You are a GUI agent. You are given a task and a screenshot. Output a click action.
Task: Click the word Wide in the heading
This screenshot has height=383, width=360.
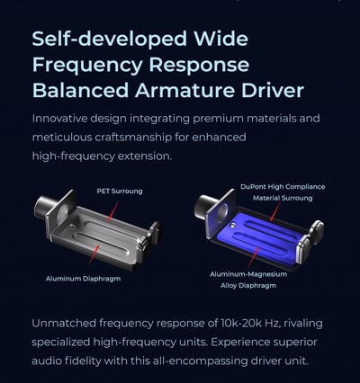click(220, 39)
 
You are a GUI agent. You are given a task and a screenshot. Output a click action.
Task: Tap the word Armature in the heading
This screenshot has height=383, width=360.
click(185, 91)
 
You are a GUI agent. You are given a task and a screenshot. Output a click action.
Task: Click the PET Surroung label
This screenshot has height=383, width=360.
click(120, 191)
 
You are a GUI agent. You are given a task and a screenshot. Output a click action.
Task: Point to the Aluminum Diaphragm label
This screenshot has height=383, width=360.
click(83, 279)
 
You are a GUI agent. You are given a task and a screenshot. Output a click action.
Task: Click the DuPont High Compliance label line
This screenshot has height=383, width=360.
click(283, 187)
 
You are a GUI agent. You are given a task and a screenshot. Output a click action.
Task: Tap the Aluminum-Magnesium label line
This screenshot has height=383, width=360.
click(248, 274)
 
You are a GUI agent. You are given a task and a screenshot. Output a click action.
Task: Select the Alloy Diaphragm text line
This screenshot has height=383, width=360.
click(248, 286)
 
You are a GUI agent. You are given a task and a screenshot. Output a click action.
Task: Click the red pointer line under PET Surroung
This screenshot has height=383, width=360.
click(112, 211)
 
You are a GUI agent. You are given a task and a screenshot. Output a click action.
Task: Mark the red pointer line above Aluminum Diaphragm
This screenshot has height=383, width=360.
click(94, 254)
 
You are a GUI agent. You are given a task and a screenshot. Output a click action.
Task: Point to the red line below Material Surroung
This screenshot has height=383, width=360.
click(275, 211)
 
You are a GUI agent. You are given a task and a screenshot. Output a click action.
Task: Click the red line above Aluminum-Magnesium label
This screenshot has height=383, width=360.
click(254, 257)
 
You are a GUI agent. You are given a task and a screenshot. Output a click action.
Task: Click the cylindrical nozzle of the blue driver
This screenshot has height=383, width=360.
click(202, 206)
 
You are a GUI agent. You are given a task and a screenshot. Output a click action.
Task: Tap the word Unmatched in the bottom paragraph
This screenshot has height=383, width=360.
click(64, 324)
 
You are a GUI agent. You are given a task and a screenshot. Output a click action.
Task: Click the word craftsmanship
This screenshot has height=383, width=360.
click(133, 138)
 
